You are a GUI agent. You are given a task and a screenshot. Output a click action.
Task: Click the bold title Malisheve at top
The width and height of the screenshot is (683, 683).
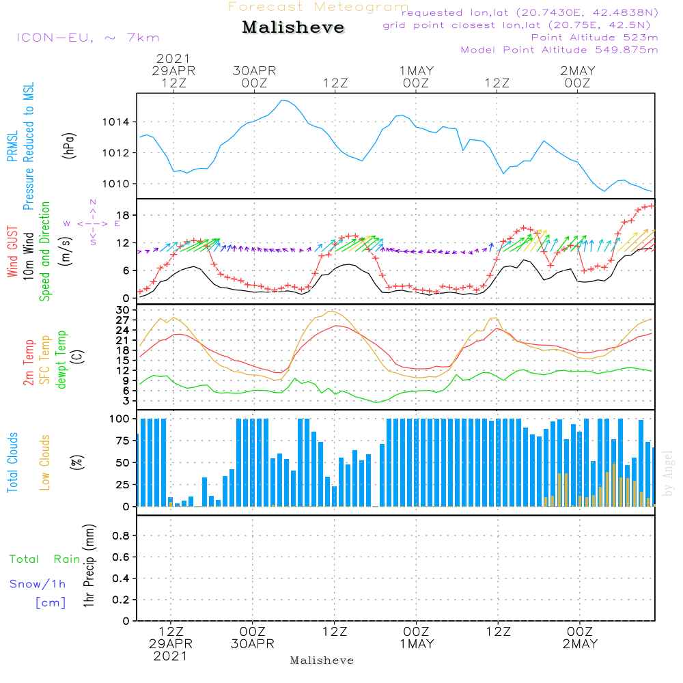294,28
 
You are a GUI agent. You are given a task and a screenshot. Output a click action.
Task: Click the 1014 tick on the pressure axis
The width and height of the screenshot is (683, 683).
116,122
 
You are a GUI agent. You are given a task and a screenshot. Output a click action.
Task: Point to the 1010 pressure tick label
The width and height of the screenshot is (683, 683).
116,184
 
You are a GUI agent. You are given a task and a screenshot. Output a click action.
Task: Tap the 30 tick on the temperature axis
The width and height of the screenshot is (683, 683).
124,310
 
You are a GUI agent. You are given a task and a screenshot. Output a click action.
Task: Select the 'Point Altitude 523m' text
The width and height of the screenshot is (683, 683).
594,38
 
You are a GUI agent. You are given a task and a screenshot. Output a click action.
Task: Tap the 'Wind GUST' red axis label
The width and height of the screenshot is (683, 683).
13,252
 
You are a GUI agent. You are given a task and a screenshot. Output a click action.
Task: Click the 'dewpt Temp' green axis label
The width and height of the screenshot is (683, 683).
62,360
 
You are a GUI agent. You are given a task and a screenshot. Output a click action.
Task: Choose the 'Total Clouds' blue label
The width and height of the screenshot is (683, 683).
13,462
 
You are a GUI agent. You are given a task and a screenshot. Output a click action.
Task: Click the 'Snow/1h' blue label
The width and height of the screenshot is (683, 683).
38,584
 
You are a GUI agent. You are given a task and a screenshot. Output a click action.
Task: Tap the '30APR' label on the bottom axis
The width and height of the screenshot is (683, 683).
253,644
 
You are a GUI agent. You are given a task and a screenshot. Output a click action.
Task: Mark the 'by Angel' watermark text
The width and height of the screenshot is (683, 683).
668,473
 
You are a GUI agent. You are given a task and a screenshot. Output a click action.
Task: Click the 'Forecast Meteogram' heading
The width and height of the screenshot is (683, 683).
318,7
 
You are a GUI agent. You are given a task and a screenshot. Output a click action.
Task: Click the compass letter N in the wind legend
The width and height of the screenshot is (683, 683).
92,202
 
